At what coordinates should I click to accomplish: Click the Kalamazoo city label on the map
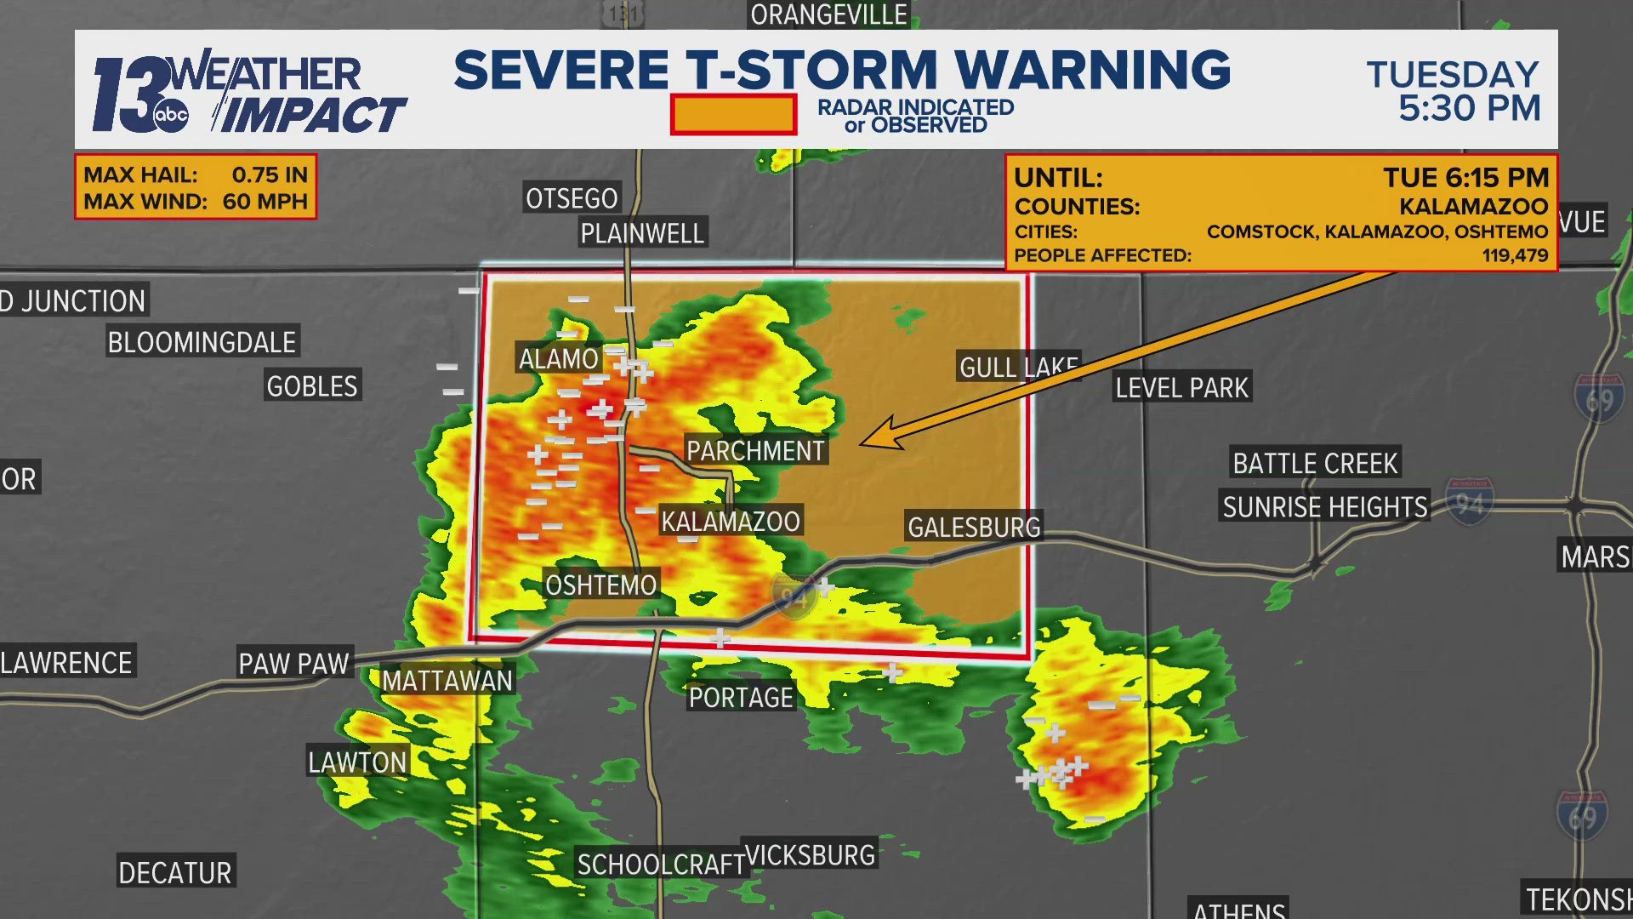[x=731, y=521]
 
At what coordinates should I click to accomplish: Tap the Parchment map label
[x=755, y=450]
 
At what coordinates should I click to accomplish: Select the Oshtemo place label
[x=600, y=585]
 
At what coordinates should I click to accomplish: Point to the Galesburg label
[x=974, y=527]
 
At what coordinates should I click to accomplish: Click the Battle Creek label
[x=1315, y=463]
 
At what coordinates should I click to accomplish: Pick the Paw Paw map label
[x=293, y=663]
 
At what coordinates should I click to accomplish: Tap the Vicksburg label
[x=810, y=854]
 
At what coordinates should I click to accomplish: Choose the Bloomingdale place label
[x=202, y=342]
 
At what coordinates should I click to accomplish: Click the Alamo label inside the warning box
[x=559, y=358]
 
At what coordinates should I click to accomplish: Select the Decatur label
[x=174, y=872]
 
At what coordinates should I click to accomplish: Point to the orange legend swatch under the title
[x=733, y=115]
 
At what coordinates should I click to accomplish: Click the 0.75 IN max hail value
[x=270, y=174]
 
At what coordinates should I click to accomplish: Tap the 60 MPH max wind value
[x=265, y=202]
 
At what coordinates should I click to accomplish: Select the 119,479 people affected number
[x=1515, y=255]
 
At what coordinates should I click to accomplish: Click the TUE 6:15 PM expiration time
[x=1465, y=177]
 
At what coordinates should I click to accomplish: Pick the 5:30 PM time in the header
[x=1469, y=109]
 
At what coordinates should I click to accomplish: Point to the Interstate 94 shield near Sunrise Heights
[x=1469, y=503]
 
